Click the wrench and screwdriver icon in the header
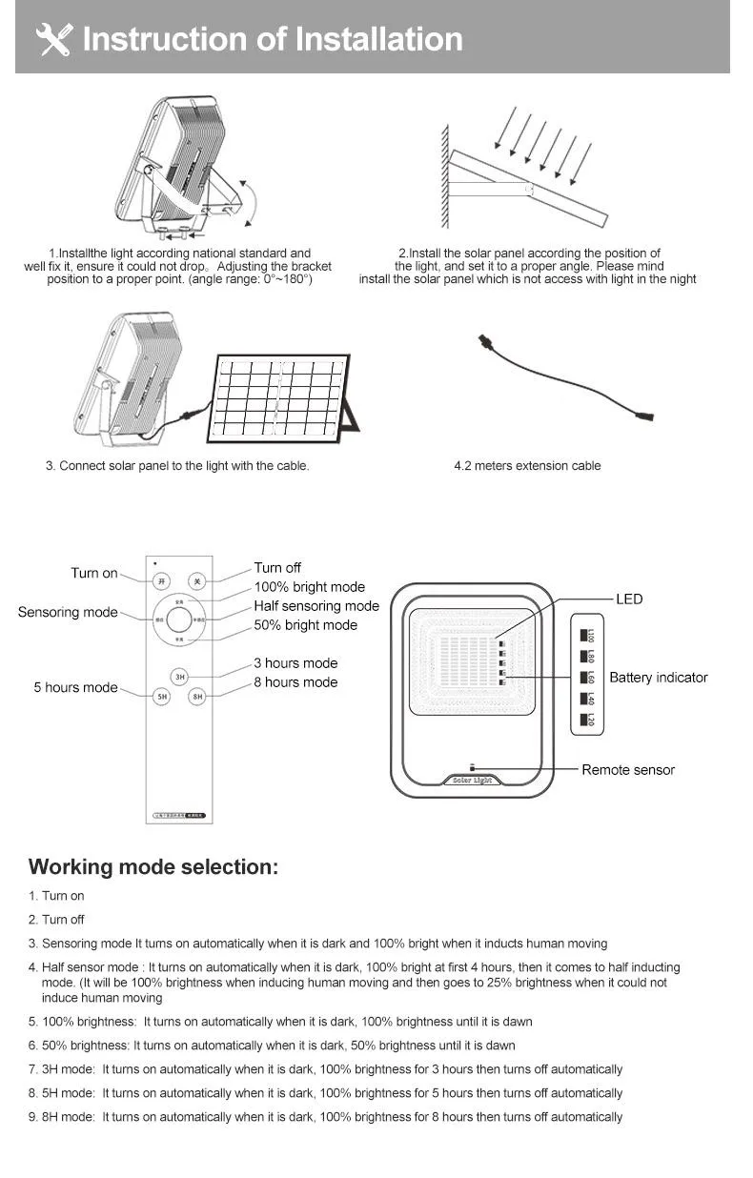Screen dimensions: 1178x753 [x=53, y=39]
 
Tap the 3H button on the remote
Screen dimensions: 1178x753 [x=179, y=677]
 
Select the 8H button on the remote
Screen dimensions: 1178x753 [x=197, y=697]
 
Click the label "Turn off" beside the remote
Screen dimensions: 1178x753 [x=277, y=568]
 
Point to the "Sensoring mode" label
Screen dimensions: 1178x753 [x=68, y=612]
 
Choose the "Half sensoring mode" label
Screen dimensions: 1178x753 [x=316, y=606]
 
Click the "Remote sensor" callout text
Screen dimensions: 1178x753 [x=628, y=770]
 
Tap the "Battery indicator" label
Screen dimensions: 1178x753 [x=659, y=678]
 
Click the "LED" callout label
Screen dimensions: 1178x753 [x=629, y=599]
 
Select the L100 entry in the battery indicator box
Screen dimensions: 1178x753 [x=588, y=634]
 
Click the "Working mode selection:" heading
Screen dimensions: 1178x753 [x=153, y=867]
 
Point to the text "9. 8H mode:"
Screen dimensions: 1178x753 [x=62, y=1117]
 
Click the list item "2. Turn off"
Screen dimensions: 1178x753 [x=56, y=920]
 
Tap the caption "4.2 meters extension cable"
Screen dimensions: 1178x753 [x=527, y=466]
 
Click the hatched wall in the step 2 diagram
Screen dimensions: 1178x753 [x=443, y=181]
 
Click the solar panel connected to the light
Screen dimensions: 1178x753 [x=279, y=398]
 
